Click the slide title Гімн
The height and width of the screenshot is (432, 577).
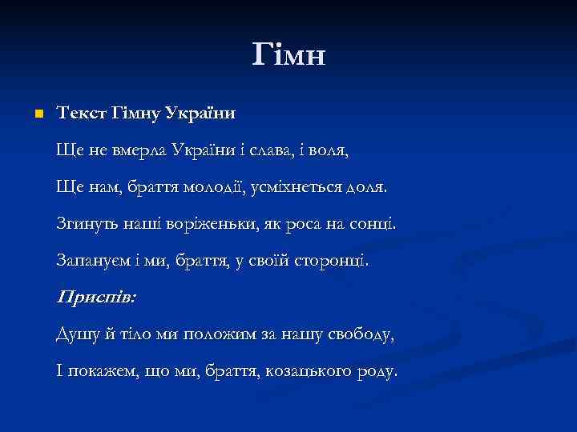288,54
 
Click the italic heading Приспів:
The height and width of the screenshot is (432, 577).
96,296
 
